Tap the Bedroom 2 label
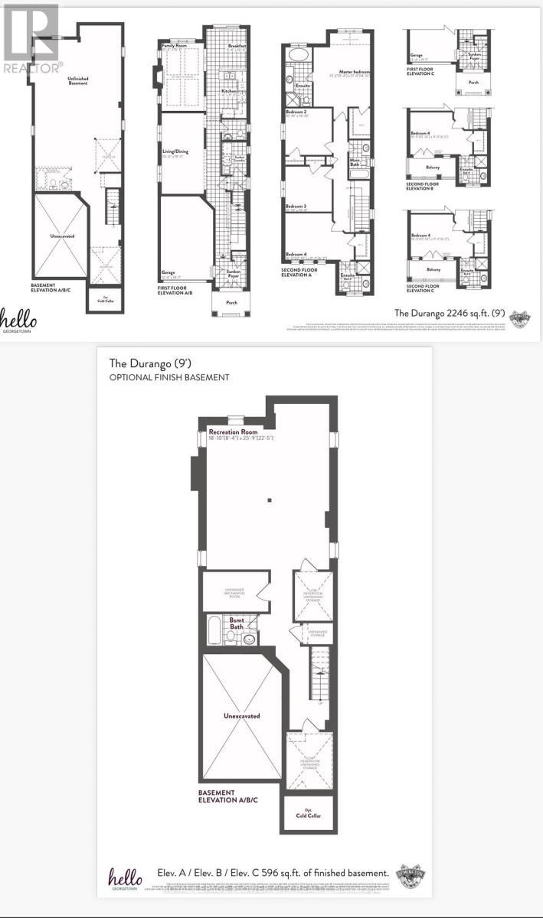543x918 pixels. pyautogui.click(x=296, y=112)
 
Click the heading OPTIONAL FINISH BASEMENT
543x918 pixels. pyautogui.click(x=168, y=377)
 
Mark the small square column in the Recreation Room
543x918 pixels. pyautogui.click(x=270, y=501)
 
